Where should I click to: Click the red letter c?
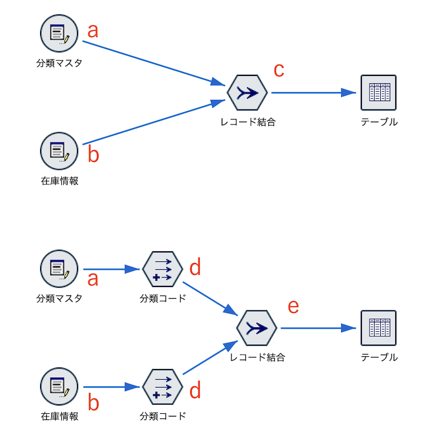279,70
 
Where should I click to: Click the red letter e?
293,306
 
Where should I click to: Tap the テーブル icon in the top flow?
378,93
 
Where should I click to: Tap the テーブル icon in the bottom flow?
378,328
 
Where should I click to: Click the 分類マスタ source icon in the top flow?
59,33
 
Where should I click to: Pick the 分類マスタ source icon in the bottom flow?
59,269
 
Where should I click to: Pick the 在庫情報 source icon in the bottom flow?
59,386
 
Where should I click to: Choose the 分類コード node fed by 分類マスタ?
162,269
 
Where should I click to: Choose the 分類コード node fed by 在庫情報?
162,386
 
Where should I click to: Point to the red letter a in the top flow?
93,30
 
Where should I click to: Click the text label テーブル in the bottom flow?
379,357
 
